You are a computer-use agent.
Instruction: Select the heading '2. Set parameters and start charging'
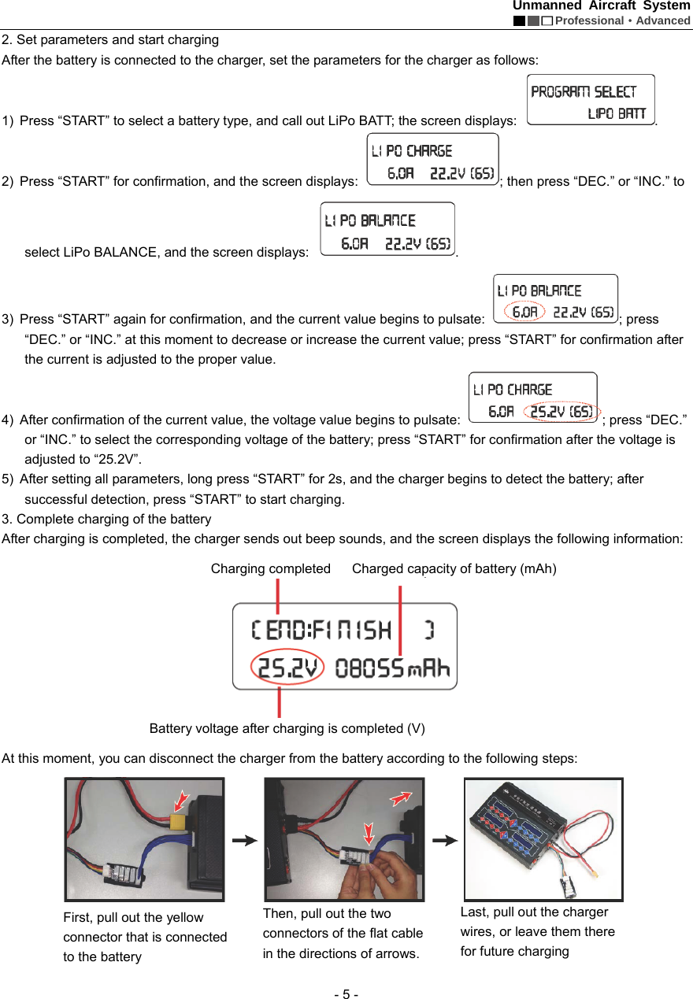click(111, 39)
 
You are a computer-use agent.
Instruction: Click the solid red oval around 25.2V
click(287, 668)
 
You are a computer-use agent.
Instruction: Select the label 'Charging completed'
click(270, 568)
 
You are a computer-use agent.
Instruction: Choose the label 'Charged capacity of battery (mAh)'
click(454, 568)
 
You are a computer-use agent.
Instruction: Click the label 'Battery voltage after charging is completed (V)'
click(287, 728)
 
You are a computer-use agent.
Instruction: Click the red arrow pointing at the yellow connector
click(181, 801)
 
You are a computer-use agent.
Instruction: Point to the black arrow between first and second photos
click(245, 840)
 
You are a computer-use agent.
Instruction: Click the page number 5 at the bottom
click(346, 993)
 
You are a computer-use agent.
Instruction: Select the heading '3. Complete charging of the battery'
click(107, 519)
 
